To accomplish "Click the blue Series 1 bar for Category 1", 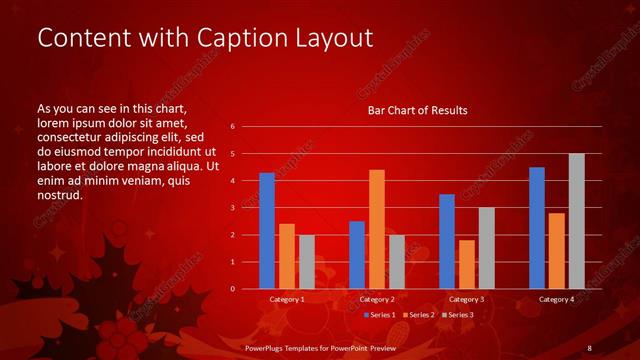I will [267, 231].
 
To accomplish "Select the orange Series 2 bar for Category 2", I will [377, 229].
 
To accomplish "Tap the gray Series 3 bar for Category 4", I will [577, 221].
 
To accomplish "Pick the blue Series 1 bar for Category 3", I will [447, 241].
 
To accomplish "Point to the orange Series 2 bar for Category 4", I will [557, 251].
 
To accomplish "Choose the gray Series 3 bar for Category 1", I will [307, 262].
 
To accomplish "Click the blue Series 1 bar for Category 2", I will [357, 255].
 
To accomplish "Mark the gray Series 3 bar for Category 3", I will [487, 248].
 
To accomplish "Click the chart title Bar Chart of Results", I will [418, 110].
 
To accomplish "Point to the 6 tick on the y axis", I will [232, 127].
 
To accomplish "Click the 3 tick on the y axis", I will [232, 208].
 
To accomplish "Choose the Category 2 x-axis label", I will [377, 299].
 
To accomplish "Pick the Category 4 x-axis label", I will [557, 299].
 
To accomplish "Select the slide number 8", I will [590, 348].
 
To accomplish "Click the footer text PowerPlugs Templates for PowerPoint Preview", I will [321, 348].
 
